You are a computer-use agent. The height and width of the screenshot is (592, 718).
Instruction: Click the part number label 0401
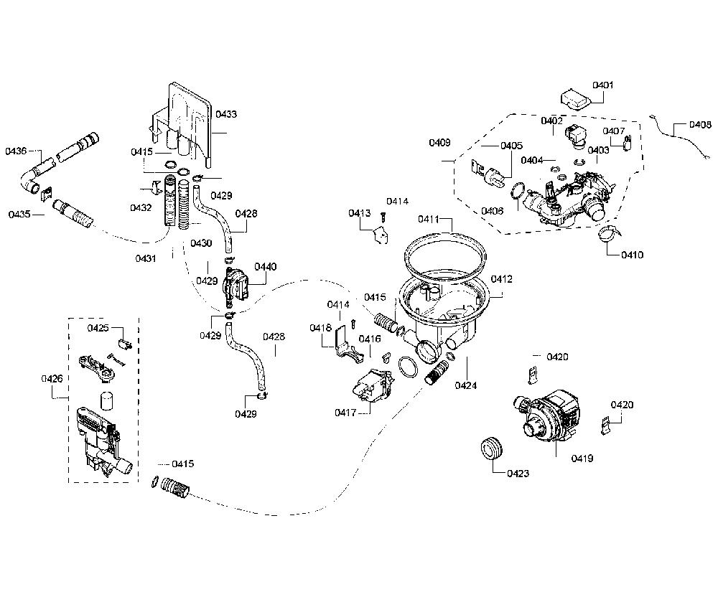click(602, 85)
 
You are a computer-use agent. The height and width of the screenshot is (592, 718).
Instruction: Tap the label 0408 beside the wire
click(700, 124)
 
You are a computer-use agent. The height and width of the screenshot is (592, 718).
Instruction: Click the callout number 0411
click(429, 219)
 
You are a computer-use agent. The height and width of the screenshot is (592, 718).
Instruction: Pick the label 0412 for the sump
click(501, 279)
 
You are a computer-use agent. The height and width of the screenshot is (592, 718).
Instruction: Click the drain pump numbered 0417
click(371, 387)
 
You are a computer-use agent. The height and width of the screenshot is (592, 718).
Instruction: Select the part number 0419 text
click(582, 458)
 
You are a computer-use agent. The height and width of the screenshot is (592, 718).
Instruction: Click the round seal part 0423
click(491, 447)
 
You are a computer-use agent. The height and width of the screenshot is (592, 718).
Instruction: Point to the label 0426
click(52, 379)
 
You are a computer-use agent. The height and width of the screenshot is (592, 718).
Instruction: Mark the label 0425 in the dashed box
click(98, 328)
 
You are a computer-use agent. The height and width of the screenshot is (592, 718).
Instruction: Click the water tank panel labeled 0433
click(183, 121)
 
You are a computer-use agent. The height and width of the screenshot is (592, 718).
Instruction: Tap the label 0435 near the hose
click(19, 214)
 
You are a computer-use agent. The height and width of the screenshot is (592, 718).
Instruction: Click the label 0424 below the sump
click(466, 385)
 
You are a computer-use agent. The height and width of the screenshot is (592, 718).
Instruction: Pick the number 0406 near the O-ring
click(492, 211)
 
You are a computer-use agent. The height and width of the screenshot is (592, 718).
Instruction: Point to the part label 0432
click(141, 207)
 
